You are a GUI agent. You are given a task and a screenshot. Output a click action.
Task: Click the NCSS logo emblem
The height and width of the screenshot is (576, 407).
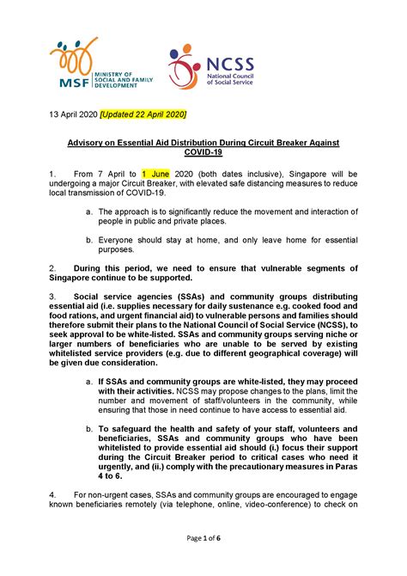pos(183,66)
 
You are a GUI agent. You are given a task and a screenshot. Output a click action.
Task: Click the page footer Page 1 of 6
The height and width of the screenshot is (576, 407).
pos(203,561)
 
